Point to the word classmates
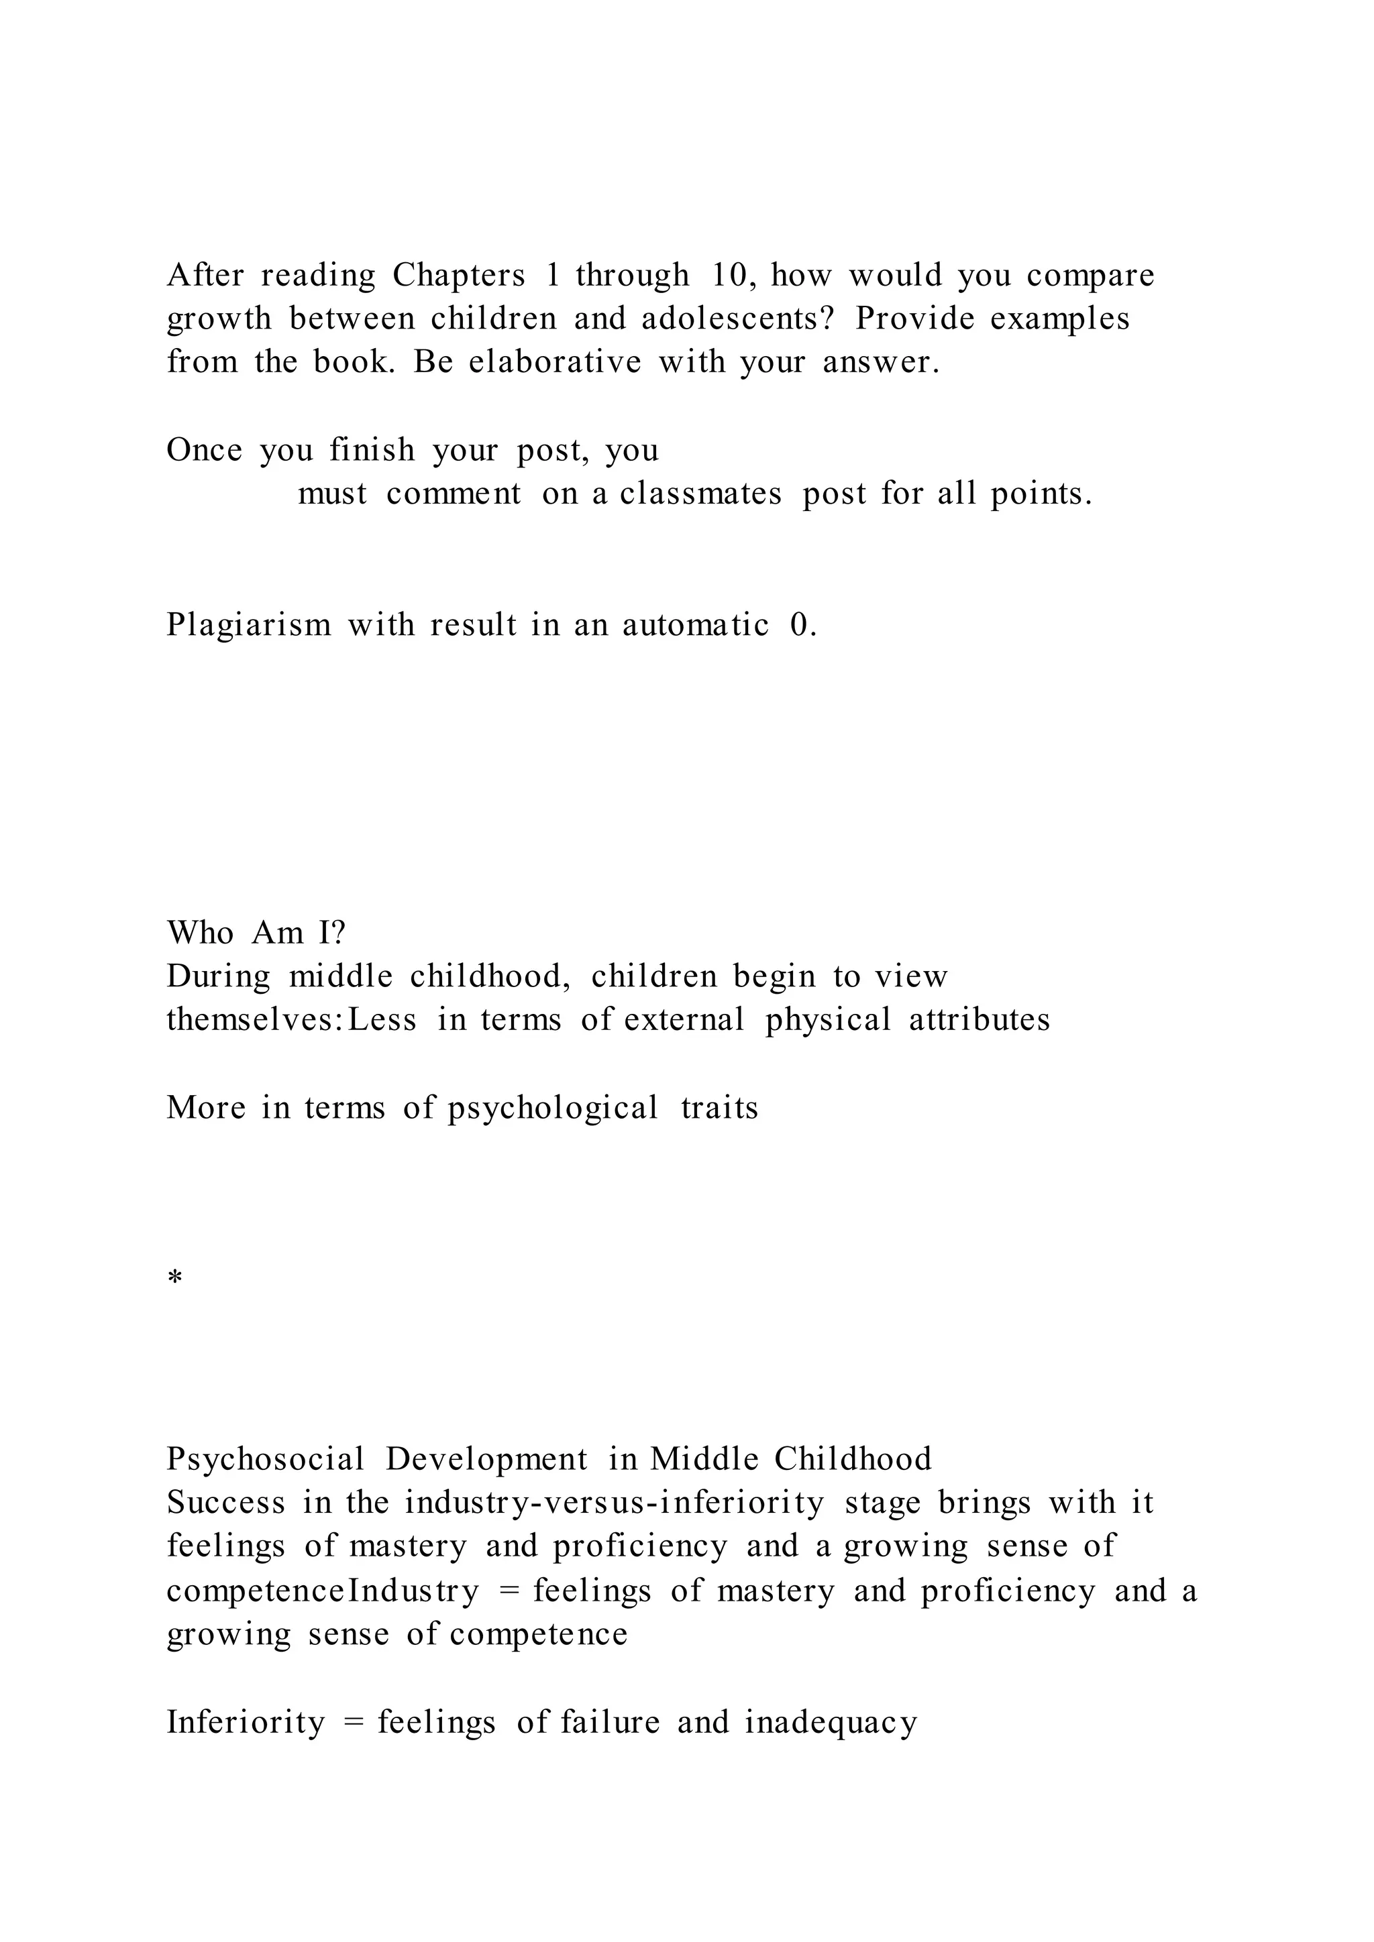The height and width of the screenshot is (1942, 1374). [700, 494]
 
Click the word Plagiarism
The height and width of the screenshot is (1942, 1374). [249, 626]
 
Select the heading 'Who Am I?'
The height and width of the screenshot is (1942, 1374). [256, 933]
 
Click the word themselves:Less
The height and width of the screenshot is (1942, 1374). [291, 1020]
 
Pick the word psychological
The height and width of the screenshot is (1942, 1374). [552, 1108]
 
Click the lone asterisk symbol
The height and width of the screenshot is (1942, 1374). [175, 1278]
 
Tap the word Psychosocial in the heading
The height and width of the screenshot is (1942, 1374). [265, 1460]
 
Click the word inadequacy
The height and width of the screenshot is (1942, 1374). [831, 1723]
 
